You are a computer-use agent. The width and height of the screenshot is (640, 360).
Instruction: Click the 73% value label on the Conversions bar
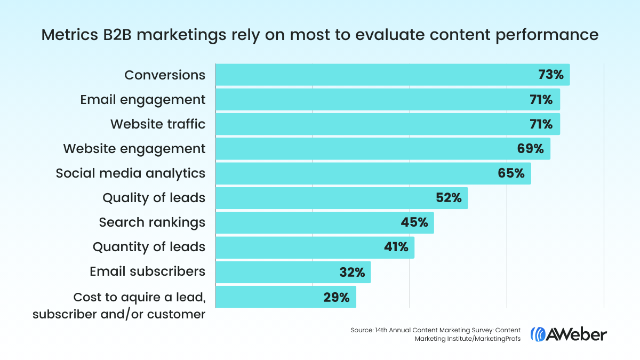(551, 75)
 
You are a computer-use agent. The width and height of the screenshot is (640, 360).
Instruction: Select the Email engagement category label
(142, 100)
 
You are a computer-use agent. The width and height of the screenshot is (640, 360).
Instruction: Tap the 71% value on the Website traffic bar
(541, 124)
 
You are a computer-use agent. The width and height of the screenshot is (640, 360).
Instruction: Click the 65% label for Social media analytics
(512, 173)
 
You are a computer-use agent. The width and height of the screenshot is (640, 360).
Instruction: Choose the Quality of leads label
(154, 198)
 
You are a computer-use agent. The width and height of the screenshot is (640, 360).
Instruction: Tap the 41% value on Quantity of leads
(395, 247)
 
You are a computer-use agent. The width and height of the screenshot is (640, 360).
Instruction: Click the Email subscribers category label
(147, 271)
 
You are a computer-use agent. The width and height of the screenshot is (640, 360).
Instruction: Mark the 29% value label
(337, 297)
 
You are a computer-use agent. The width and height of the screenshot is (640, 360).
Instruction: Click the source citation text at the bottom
(435, 335)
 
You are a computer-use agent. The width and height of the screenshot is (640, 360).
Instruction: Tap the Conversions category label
(165, 75)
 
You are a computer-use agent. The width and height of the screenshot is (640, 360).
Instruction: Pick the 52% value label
(449, 198)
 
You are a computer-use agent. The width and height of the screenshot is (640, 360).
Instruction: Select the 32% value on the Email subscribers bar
(352, 272)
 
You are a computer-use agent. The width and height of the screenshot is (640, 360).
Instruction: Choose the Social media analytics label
(131, 173)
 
